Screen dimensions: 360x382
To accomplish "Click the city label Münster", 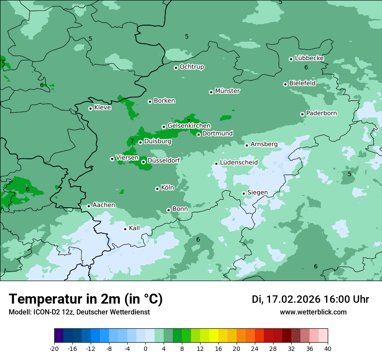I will [x=227, y=91].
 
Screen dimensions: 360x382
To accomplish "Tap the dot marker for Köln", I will [x=157, y=189].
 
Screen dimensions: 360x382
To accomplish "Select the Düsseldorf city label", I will [x=164, y=160].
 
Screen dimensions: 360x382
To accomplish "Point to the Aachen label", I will [x=104, y=205].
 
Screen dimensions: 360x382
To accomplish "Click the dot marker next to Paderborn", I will [x=303, y=114].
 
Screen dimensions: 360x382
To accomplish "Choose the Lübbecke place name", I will [x=309, y=58].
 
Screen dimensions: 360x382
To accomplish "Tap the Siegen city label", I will [x=257, y=193].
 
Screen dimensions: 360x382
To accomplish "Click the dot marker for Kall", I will [x=125, y=229].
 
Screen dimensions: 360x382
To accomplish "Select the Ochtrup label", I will [x=192, y=67].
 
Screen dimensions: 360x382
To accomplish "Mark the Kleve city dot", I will [x=90, y=108].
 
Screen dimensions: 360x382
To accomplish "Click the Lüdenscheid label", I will [x=239, y=163].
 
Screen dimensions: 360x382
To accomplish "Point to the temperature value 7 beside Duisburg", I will [x=132, y=141].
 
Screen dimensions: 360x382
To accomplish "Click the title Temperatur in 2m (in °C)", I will [x=86, y=299].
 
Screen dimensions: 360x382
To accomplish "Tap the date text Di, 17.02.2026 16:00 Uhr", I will [x=310, y=299].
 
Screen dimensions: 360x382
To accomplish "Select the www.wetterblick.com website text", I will [x=313, y=312].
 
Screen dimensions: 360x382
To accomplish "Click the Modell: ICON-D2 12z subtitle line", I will [x=79, y=312].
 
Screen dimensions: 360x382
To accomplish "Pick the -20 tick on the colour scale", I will [x=54, y=348].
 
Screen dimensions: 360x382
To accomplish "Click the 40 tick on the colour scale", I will [x=328, y=348].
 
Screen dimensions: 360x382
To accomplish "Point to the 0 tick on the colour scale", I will [x=145, y=348].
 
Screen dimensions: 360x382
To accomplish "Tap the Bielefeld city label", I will [x=302, y=83].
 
